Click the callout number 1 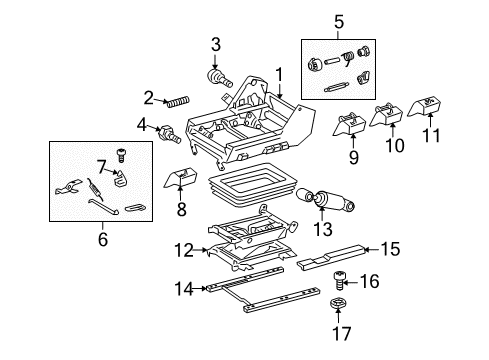[x=279, y=73]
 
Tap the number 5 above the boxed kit [x=338, y=19]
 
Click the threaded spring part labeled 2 [x=179, y=101]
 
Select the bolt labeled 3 [x=214, y=75]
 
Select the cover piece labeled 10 [x=388, y=117]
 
